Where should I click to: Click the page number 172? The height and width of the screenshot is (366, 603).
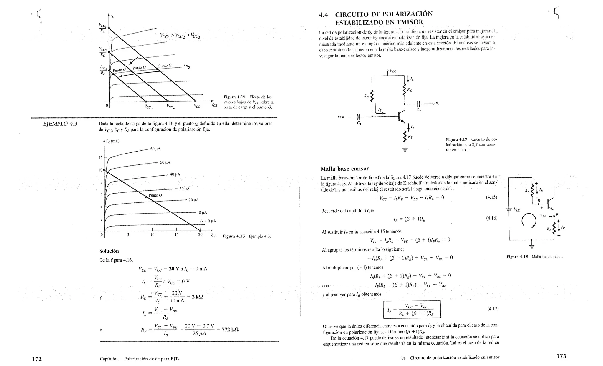(x=37, y=359)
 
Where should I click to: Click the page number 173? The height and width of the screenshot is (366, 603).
(x=561, y=356)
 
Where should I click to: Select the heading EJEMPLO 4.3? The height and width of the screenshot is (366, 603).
(x=60, y=124)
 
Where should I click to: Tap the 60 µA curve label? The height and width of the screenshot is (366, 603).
(x=155, y=149)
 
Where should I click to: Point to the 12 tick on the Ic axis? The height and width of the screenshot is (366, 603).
(x=100, y=158)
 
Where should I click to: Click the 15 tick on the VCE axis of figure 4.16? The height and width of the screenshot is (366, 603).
(x=176, y=234)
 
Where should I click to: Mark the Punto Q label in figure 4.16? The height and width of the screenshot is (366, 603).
(x=155, y=195)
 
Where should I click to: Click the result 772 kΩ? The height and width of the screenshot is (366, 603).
(x=230, y=330)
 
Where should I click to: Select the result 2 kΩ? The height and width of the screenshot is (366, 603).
(x=197, y=297)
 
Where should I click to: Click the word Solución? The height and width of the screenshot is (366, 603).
(x=109, y=251)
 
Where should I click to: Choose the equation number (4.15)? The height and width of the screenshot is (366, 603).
(x=491, y=197)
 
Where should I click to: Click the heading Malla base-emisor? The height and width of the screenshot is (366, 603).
(x=344, y=169)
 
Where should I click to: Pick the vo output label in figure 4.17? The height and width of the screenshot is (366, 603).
(x=438, y=104)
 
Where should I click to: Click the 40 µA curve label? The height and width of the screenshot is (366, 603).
(x=175, y=174)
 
